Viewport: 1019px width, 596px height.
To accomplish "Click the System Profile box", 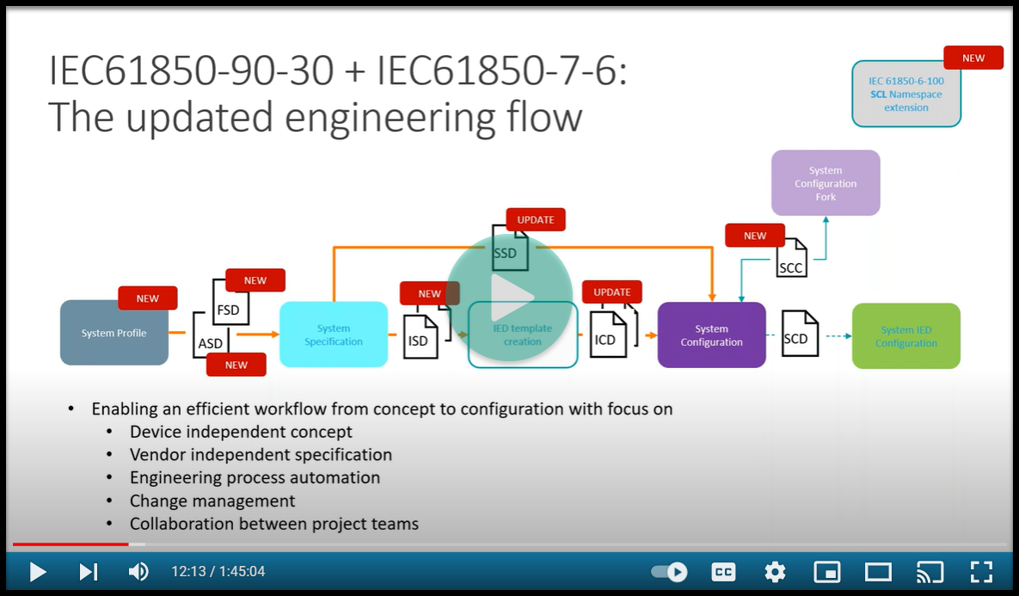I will (x=114, y=333).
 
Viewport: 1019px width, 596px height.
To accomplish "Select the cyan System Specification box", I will (x=334, y=335).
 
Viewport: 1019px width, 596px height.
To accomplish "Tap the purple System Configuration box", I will (x=711, y=335).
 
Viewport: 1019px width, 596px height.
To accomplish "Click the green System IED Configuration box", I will (x=905, y=336).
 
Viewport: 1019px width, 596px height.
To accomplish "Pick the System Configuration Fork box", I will (x=826, y=183).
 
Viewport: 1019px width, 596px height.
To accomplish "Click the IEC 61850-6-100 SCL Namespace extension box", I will (x=905, y=95).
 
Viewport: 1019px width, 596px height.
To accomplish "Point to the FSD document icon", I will (x=230, y=306).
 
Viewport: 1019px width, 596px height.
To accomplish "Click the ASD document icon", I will (x=212, y=342).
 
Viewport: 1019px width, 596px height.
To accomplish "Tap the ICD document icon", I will (x=607, y=337).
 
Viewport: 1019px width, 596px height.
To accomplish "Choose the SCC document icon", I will (x=790, y=261).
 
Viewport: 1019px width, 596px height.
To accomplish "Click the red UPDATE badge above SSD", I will (x=536, y=219).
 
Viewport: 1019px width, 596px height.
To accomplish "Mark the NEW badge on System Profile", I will (x=148, y=298).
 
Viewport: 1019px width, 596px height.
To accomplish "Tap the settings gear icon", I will (x=775, y=572).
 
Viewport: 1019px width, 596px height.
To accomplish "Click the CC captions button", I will (x=723, y=572).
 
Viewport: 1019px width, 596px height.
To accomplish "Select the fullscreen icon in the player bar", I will (x=981, y=572).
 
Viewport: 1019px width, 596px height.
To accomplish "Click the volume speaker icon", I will (x=138, y=572).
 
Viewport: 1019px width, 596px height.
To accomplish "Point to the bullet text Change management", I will (x=212, y=501).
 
